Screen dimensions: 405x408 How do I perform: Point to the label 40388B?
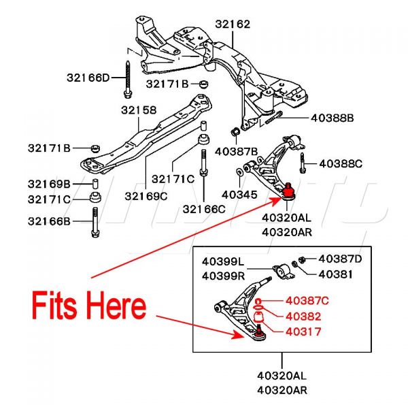[333, 118]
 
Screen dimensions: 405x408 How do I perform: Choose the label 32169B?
[49, 184]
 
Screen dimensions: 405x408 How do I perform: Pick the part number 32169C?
[146, 196]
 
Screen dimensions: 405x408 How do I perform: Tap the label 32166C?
[203, 209]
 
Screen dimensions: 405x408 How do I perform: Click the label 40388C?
[341, 163]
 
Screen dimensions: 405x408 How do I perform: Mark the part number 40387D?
[341, 259]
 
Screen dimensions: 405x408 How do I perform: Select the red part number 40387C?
[307, 300]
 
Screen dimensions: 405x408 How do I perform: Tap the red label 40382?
[303, 316]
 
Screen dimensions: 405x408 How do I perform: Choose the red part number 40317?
[303, 332]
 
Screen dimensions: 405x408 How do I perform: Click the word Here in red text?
[116, 306]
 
